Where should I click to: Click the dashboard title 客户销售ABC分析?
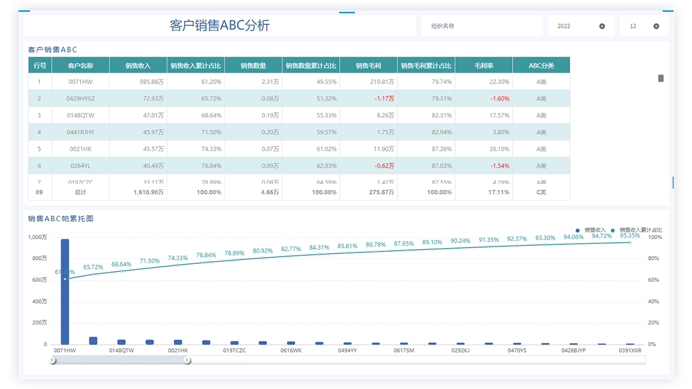tap(220, 26)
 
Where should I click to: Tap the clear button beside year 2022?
tap(602, 26)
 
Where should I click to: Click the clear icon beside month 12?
tap(656, 26)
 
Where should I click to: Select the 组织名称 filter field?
tap(479, 26)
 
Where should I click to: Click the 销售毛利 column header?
tap(368, 65)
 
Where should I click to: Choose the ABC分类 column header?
tap(541, 65)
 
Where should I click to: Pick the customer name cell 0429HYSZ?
tap(80, 99)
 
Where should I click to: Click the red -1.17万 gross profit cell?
tap(384, 99)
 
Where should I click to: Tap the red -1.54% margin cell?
tap(499, 166)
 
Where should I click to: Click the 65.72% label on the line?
tap(93, 267)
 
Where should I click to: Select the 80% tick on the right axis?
tap(654, 258)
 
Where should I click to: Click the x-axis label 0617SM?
tap(404, 350)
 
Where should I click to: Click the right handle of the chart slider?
tap(187, 360)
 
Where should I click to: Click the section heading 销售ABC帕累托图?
tap(61, 219)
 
